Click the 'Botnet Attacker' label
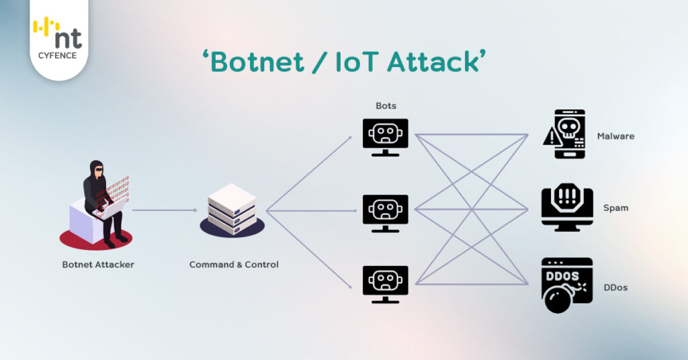pyautogui.click(x=98, y=265)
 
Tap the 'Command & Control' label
pyautogui.click(x=234, y=265)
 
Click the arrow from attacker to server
pyautogui.click(x=164, y=210)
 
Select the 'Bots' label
pyautogui.click(x=386, y=106)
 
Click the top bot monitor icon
pyautogui.click(x=386, y=136)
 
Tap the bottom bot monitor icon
pyautogui.click(x=386, y=282)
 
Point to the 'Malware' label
pyautogui.click(x=615, y=136)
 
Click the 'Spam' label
pyautogui.click(x=615, y=208)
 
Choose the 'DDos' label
pyautogui.click(x=615, y=287)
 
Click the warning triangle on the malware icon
pyautogui.click(x=551, y=138)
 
